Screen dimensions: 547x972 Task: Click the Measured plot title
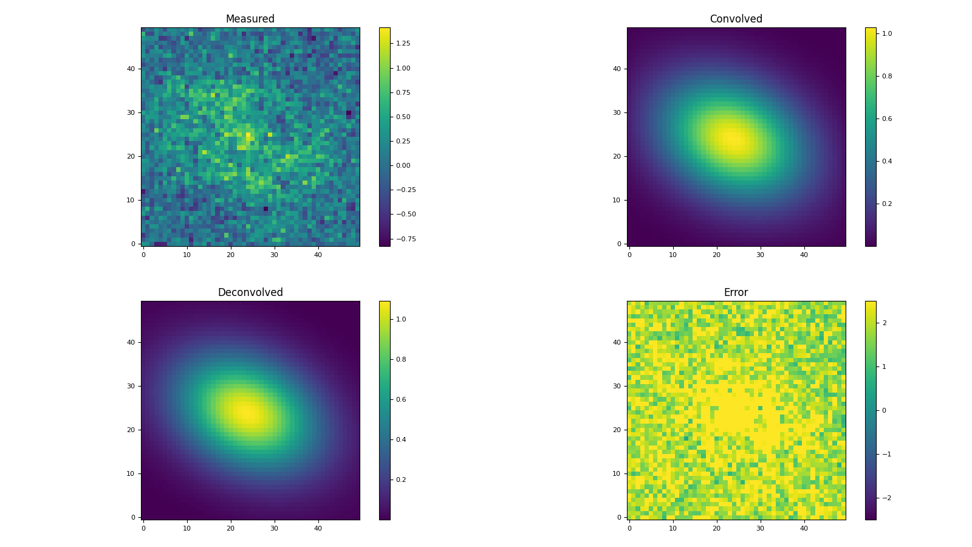pyautogui.click(x=250, y=19)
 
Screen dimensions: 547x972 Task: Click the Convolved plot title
pyautogui.click(x=736, y=19)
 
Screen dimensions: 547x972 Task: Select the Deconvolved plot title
pyautogui.click(x=250, y=293)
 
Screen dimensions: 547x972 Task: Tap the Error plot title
pyautogui.click(x=736, y=293)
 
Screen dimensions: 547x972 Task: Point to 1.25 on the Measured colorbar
pyautogui.click(x=403, y=44)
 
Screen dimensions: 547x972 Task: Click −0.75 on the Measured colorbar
pyautogui.click(x=404, y=239)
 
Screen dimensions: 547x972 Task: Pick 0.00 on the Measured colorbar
pyautogui.click(x=403, y=165)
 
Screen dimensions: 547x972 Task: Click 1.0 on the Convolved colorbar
pyautogui.click(x=887, y=34)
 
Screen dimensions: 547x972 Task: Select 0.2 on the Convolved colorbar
pyautogui.click(x=887, y=204)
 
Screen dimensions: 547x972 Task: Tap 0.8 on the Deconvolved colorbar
pyautogui.click(x=401, y=359)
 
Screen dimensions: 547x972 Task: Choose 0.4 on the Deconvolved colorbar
pyautogui.click(x=401, y=439)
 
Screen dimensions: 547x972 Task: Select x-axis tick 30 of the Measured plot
pyautogui.click(x=274, y=255)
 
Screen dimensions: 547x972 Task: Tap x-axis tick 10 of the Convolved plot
pyautogui.click(x=673, y=255)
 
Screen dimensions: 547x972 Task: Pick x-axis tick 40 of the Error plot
pyautogui.click(x=804, y=528)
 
